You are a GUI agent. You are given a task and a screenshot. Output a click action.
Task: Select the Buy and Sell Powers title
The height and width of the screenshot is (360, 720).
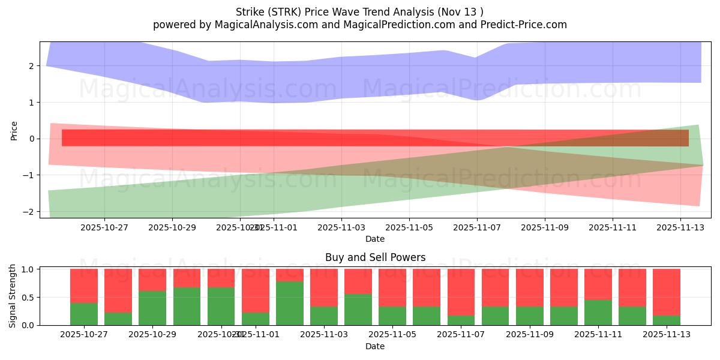click(375, 257)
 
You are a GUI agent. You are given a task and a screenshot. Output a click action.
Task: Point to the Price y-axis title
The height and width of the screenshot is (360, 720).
click(14, 130)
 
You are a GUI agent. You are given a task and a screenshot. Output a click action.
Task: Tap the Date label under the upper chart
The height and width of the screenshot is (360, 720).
click(375, 239)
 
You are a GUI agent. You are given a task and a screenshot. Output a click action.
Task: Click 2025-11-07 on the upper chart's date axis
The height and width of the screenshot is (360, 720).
click(477, 227)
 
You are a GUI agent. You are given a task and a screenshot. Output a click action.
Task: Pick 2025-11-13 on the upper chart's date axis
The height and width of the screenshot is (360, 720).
click(680, 227)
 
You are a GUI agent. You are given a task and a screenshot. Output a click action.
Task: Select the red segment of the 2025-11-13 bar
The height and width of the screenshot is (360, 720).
click(666, 292)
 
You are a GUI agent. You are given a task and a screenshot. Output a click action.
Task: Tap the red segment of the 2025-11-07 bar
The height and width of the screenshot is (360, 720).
click(461, 292)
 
